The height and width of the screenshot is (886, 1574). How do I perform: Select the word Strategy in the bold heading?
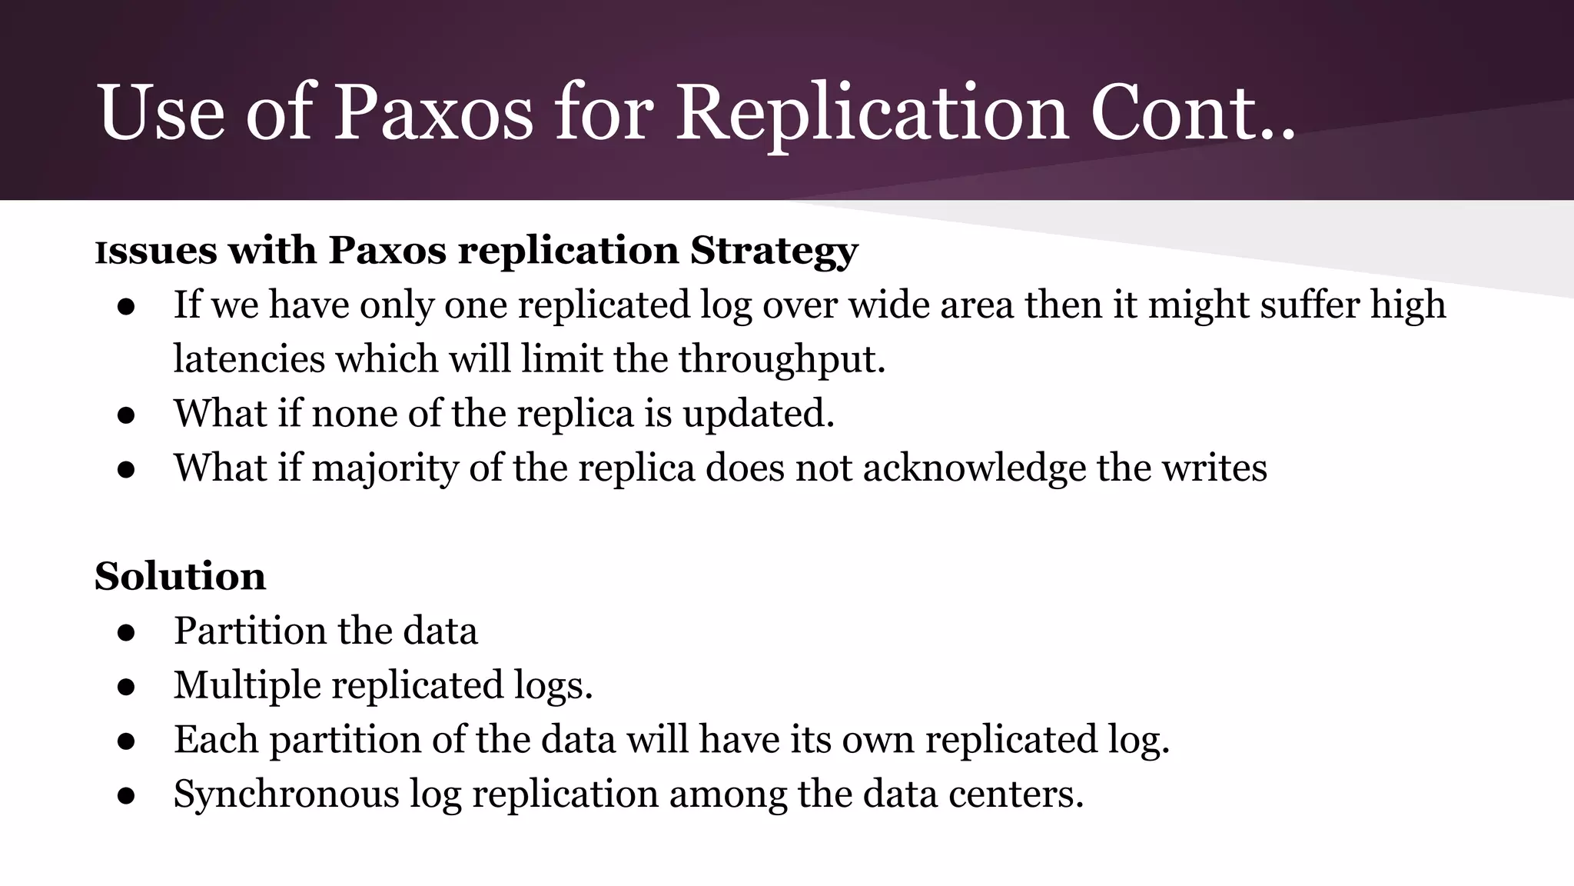[774, 251]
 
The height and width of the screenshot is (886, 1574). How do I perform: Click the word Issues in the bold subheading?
[156, 251]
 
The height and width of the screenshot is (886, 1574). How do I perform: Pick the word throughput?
[782, 360]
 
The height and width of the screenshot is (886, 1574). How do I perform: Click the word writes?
[1214, 468]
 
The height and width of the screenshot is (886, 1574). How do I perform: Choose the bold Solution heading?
[181, 576]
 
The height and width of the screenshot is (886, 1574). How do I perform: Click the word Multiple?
[247, 685]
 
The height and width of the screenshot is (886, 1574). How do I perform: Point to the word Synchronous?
[286, 794]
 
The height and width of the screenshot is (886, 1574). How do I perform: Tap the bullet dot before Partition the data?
[127, 632]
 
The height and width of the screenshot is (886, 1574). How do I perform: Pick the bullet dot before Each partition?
[127, 741]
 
